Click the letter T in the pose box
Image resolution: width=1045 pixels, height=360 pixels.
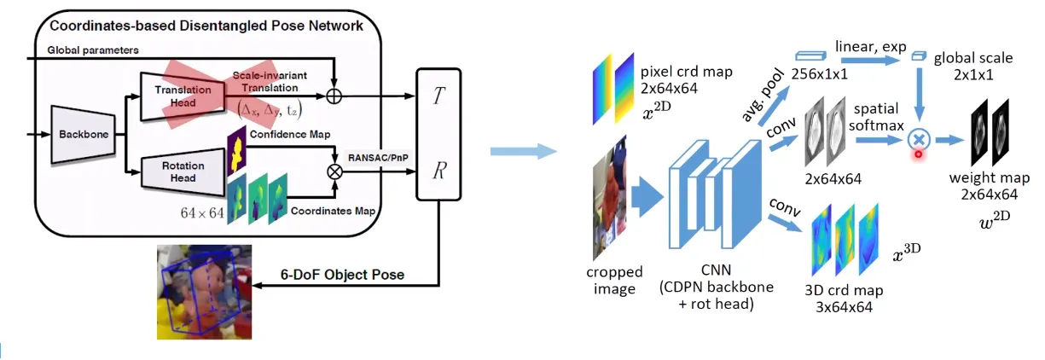point(438,96)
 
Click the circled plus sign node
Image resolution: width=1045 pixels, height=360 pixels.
point(335,96)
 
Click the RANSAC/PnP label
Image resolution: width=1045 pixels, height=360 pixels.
point(377,156)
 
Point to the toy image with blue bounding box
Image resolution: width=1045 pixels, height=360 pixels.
point(205,290)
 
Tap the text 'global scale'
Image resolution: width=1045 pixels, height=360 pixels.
point(972,58)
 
